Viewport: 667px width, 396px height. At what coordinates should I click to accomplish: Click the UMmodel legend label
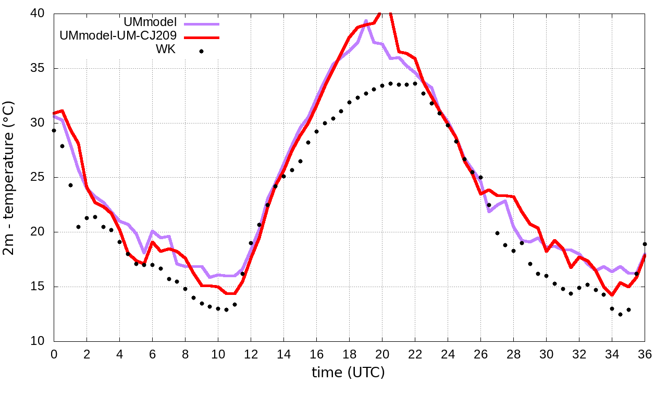(x=150, y=22)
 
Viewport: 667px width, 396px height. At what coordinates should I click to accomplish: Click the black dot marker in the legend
(x=201, y=51)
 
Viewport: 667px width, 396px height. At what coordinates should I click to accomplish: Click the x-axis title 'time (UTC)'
(x=348, y=373)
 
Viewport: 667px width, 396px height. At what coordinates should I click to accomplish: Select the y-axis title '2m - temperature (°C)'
(x=10, y=177)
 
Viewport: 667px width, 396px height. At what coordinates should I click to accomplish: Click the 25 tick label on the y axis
(x=39, y=178)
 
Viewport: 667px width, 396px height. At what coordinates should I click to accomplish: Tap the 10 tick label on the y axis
(x=39, y=341)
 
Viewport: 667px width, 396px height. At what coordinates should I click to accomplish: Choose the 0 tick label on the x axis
(x=54, y=354)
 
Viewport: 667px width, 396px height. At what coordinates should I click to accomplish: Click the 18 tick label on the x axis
(x=349, y=354)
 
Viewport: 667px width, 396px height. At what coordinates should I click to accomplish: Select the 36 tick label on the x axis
(x=645, y=354)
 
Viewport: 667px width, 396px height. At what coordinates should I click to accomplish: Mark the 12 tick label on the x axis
(x=251, y=354)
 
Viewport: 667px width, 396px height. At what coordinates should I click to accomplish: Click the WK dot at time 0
(x=54, y=130)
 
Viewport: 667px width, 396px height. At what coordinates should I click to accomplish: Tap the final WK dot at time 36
(x=645, y=244)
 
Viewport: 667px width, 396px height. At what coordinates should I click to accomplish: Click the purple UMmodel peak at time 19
(x=366, y=21)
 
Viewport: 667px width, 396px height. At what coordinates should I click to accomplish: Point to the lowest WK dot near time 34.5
(x=620, y=314)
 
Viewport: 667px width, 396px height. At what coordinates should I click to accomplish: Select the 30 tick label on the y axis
(x=39, y=123)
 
